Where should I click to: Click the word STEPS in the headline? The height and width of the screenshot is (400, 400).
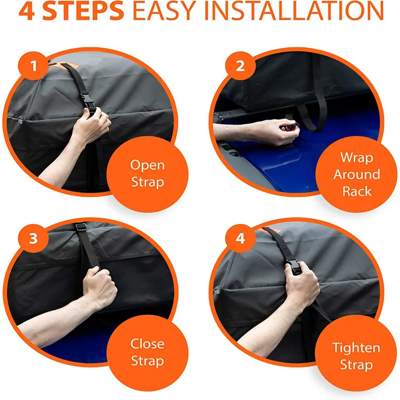83,11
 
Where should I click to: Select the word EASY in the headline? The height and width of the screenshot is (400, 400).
164,11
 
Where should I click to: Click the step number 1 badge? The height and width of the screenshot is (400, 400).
34,66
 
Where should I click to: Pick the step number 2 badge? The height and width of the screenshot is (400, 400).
241,66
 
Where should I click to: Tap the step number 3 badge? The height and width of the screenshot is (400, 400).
34,239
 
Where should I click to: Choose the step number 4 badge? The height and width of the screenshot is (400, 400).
241,239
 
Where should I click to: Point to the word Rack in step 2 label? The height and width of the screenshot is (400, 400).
357,191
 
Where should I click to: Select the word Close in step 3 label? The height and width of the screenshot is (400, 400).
147,343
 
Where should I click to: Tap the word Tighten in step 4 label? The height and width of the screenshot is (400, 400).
356,348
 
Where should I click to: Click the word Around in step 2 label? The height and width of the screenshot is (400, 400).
357,174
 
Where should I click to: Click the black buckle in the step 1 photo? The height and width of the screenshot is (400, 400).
88,104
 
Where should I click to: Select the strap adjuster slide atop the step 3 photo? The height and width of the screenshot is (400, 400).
81,227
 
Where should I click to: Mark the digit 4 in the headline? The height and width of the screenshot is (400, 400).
27,11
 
